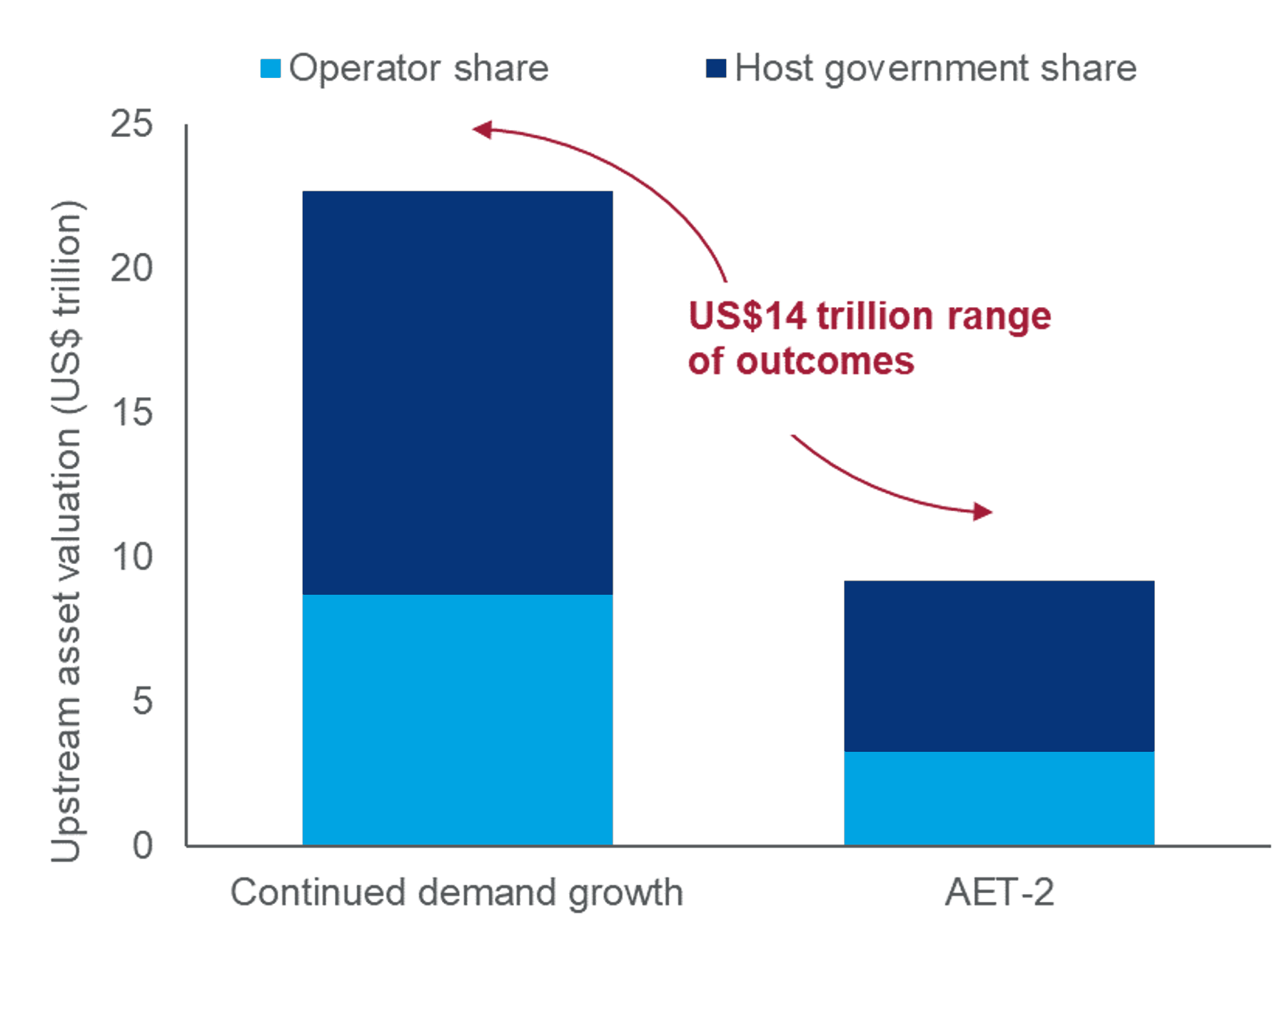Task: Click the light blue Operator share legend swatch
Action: (270, 69)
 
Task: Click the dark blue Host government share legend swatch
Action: (715, 69)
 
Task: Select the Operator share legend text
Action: (418, 69)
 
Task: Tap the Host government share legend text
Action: (935, 69)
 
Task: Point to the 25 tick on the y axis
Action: (132, 124)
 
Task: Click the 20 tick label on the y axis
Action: (132, 268)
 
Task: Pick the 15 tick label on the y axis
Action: (132, 413)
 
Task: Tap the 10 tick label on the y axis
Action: (132, 557)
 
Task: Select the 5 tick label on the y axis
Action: (142, 701)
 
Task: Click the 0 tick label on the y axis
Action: (142, 845)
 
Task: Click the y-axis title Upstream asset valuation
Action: (67, 532)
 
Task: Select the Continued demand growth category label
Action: (457, 892)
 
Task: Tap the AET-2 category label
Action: (999, 892)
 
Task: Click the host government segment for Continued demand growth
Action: (457, 393)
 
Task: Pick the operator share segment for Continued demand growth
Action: (457, 720)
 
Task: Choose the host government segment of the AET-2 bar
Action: (999, 665)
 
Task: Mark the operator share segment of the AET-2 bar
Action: (999, 798)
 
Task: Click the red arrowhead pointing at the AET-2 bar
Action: (983, 511)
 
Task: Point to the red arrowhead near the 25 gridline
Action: (483, 129)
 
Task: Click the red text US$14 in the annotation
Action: (746, 316)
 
